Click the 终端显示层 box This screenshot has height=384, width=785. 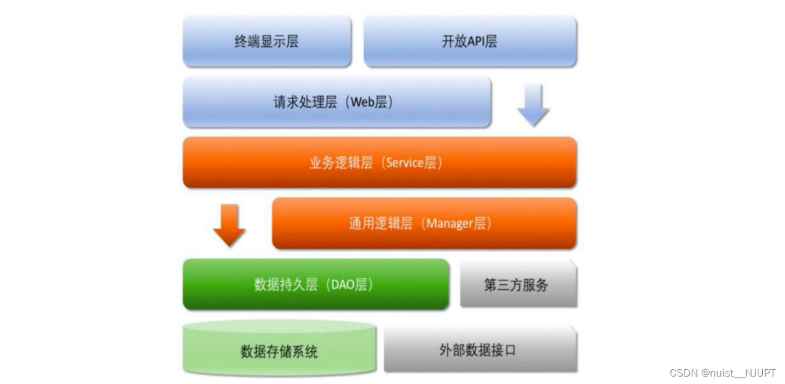[x=267, y=41]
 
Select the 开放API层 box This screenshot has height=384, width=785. [x=470, y=41]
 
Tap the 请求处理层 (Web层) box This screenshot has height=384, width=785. [x=337, y=102]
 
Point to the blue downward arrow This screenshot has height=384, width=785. [x=533, y=105]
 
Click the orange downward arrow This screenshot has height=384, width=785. [x=229, y=226]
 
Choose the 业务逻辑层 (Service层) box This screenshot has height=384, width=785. [x=379, y=163]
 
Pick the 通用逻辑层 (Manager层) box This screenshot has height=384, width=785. [x=424, y=223]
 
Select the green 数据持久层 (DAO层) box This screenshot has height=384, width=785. [x=316, y=284]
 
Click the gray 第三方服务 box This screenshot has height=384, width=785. [x=518, y=284]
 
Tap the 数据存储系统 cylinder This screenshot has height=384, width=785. [x=279, y=351]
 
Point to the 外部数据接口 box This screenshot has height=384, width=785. [x=480, y=350]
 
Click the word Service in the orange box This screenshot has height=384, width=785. [x=405, y=163]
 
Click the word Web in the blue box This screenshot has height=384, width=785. [x=362, y=102]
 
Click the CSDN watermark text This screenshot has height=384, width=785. [x=683, y=373]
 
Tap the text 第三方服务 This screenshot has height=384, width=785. [x=516, y=285]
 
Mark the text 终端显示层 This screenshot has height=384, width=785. [x=266, y=41]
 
